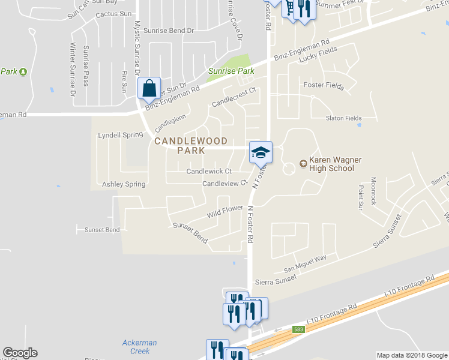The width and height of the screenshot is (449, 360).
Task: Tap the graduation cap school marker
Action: (261, 152)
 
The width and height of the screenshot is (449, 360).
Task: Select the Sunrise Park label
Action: (231, 71)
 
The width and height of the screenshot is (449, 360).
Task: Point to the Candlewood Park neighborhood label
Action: (191, 146)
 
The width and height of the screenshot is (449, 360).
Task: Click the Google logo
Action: (20, 353)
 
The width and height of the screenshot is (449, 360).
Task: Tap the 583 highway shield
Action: (299, 329)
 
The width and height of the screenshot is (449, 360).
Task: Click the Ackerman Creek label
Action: (139, 347)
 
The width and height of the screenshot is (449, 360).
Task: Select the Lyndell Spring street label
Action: (121, 136)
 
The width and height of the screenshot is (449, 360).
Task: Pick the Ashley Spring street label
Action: (124, 184)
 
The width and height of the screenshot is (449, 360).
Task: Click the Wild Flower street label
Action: (225, 211)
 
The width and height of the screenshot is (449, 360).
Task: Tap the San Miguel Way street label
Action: (305, 259)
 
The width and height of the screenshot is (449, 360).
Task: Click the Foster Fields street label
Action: (324, 86)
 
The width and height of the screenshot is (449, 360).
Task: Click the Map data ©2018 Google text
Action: (412, 355)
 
